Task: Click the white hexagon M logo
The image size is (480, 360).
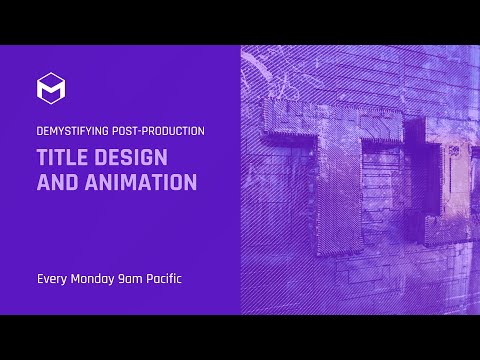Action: [51, 88]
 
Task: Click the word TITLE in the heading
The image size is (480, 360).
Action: [63, 158]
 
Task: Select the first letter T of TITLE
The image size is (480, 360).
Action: [42, 158]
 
